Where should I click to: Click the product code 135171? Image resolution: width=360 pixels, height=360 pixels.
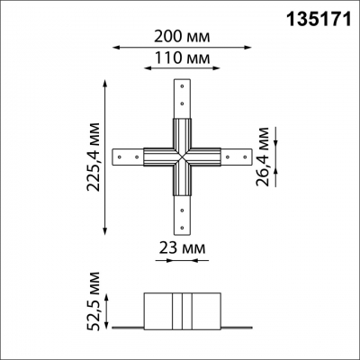click(319, 20)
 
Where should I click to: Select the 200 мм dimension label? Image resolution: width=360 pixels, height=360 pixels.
click(182, 37)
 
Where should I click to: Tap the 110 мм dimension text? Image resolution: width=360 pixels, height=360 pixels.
click(182, 58)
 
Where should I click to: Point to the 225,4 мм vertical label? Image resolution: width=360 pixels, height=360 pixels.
click(93, 157)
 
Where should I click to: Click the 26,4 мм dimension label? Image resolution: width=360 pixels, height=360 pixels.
click(263, 157)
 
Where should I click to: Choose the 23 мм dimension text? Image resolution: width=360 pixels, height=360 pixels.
click(182, 248)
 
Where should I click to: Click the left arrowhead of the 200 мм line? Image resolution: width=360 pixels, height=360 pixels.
click(116, 47)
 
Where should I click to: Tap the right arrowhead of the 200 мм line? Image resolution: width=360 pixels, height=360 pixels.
click(247, 47)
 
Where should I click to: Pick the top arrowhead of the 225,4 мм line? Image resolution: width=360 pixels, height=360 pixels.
click(104, 83)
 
